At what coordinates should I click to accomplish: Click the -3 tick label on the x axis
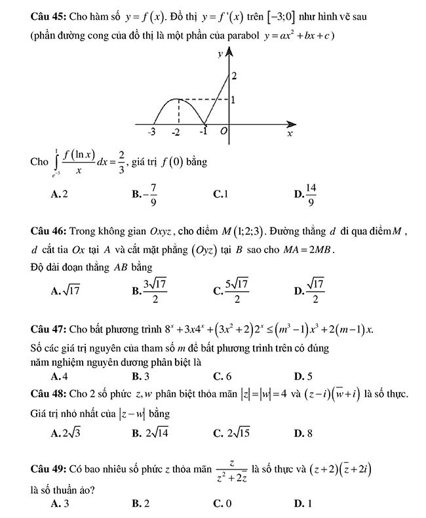coord(151,132)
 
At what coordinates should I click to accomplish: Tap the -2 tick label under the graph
coord(176,132)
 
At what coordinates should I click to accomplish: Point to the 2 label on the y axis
coord(234,77)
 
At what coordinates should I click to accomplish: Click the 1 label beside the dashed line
coord(235,100)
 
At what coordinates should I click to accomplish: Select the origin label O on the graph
coord(223,132)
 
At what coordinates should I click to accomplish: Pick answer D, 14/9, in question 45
coord(305,193)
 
